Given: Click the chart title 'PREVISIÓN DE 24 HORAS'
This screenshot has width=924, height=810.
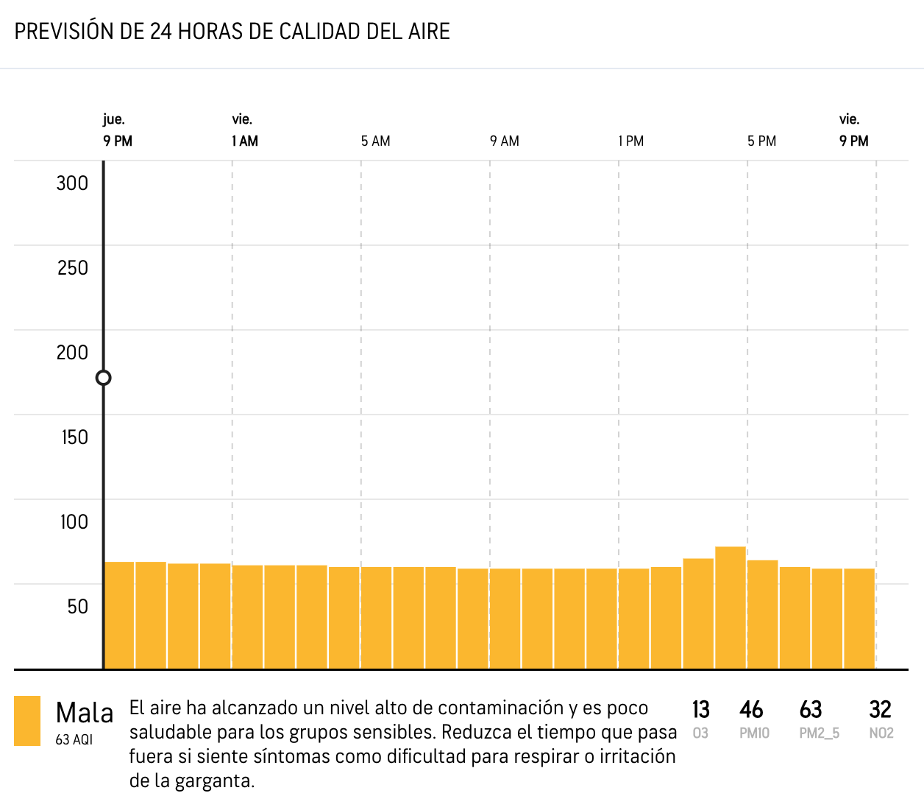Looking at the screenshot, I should [232, 32].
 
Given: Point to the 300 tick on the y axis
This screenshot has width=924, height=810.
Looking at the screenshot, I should [72, 183].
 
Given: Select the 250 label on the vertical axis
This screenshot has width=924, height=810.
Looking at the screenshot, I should [72, 268].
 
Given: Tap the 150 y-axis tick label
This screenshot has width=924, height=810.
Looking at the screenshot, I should [74, 437].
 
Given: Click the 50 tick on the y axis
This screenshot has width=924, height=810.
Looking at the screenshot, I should [77, 607].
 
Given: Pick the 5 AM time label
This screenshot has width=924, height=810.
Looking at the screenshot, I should [375, 141].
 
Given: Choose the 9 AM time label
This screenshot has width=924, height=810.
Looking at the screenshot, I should [505, 141].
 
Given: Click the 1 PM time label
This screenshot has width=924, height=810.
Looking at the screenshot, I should [631, 141].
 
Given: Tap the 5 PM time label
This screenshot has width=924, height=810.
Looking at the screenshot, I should [762, 141].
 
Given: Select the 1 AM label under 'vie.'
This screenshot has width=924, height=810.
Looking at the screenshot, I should [245, 141].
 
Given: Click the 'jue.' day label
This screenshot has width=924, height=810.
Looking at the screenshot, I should [113, 119].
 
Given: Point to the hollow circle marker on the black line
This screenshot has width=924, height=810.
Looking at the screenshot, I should [104, 378].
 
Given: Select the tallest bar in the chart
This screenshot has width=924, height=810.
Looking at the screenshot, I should [731, 607].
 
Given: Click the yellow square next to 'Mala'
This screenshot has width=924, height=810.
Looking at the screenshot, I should [27, 721].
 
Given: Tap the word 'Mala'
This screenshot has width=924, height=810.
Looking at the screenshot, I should [85, 713].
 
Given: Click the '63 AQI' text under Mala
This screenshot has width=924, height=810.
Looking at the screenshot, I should [74, 739].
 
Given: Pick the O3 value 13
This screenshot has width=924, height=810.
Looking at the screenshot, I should [700, 710].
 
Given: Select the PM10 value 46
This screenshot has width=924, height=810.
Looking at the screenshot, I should [751, 710].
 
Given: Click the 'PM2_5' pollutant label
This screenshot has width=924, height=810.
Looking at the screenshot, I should [820, 733].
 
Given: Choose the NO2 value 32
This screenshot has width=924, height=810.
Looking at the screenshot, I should [880, 710].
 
